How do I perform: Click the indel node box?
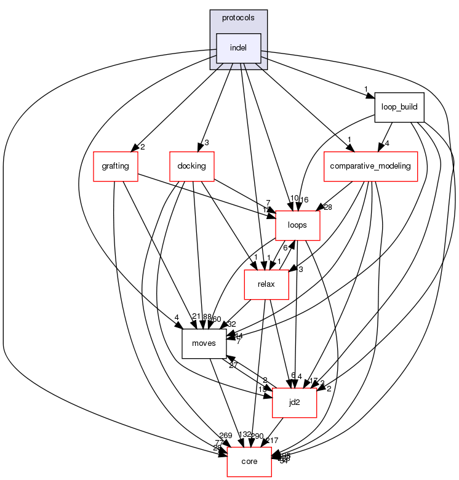click(238, 48)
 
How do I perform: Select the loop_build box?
click(399, 107)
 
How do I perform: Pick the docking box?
click(191, 167)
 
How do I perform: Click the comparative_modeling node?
click(371, 167)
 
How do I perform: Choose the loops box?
click(297, 225)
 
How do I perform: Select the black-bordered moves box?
click(204, 343)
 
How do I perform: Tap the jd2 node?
click(294, 402)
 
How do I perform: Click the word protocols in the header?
click(238, 18)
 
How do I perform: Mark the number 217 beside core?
click(272, 440)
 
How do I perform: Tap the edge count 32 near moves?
click(231, 324)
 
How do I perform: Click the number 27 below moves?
click(234, 365)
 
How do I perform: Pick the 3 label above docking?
click(207, 143)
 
